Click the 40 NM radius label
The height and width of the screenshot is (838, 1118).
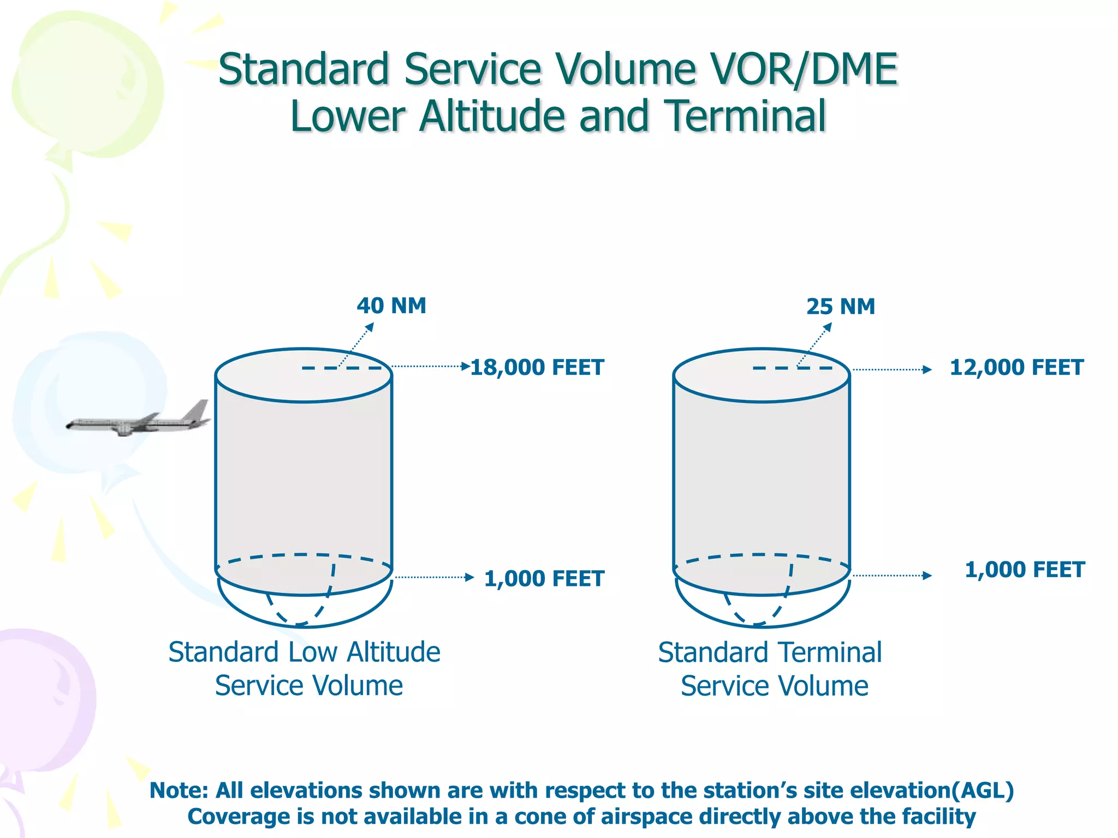coord(391,306)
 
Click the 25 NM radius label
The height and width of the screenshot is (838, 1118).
coord(841,307)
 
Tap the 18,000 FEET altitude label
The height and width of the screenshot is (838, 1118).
coord(537,367)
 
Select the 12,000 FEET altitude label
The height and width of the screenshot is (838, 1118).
coord(1016,367)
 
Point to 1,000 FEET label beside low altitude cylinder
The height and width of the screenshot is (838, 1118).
coord(544,578)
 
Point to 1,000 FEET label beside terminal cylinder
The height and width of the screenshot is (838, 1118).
coord(1025,570)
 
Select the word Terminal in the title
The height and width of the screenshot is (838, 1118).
coord(747,116)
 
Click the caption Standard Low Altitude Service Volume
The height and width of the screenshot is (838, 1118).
coord(305,668)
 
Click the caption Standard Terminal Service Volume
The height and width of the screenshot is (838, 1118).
coord(770,669)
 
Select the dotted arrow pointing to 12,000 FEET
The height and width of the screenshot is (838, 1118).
coord(892,369)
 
